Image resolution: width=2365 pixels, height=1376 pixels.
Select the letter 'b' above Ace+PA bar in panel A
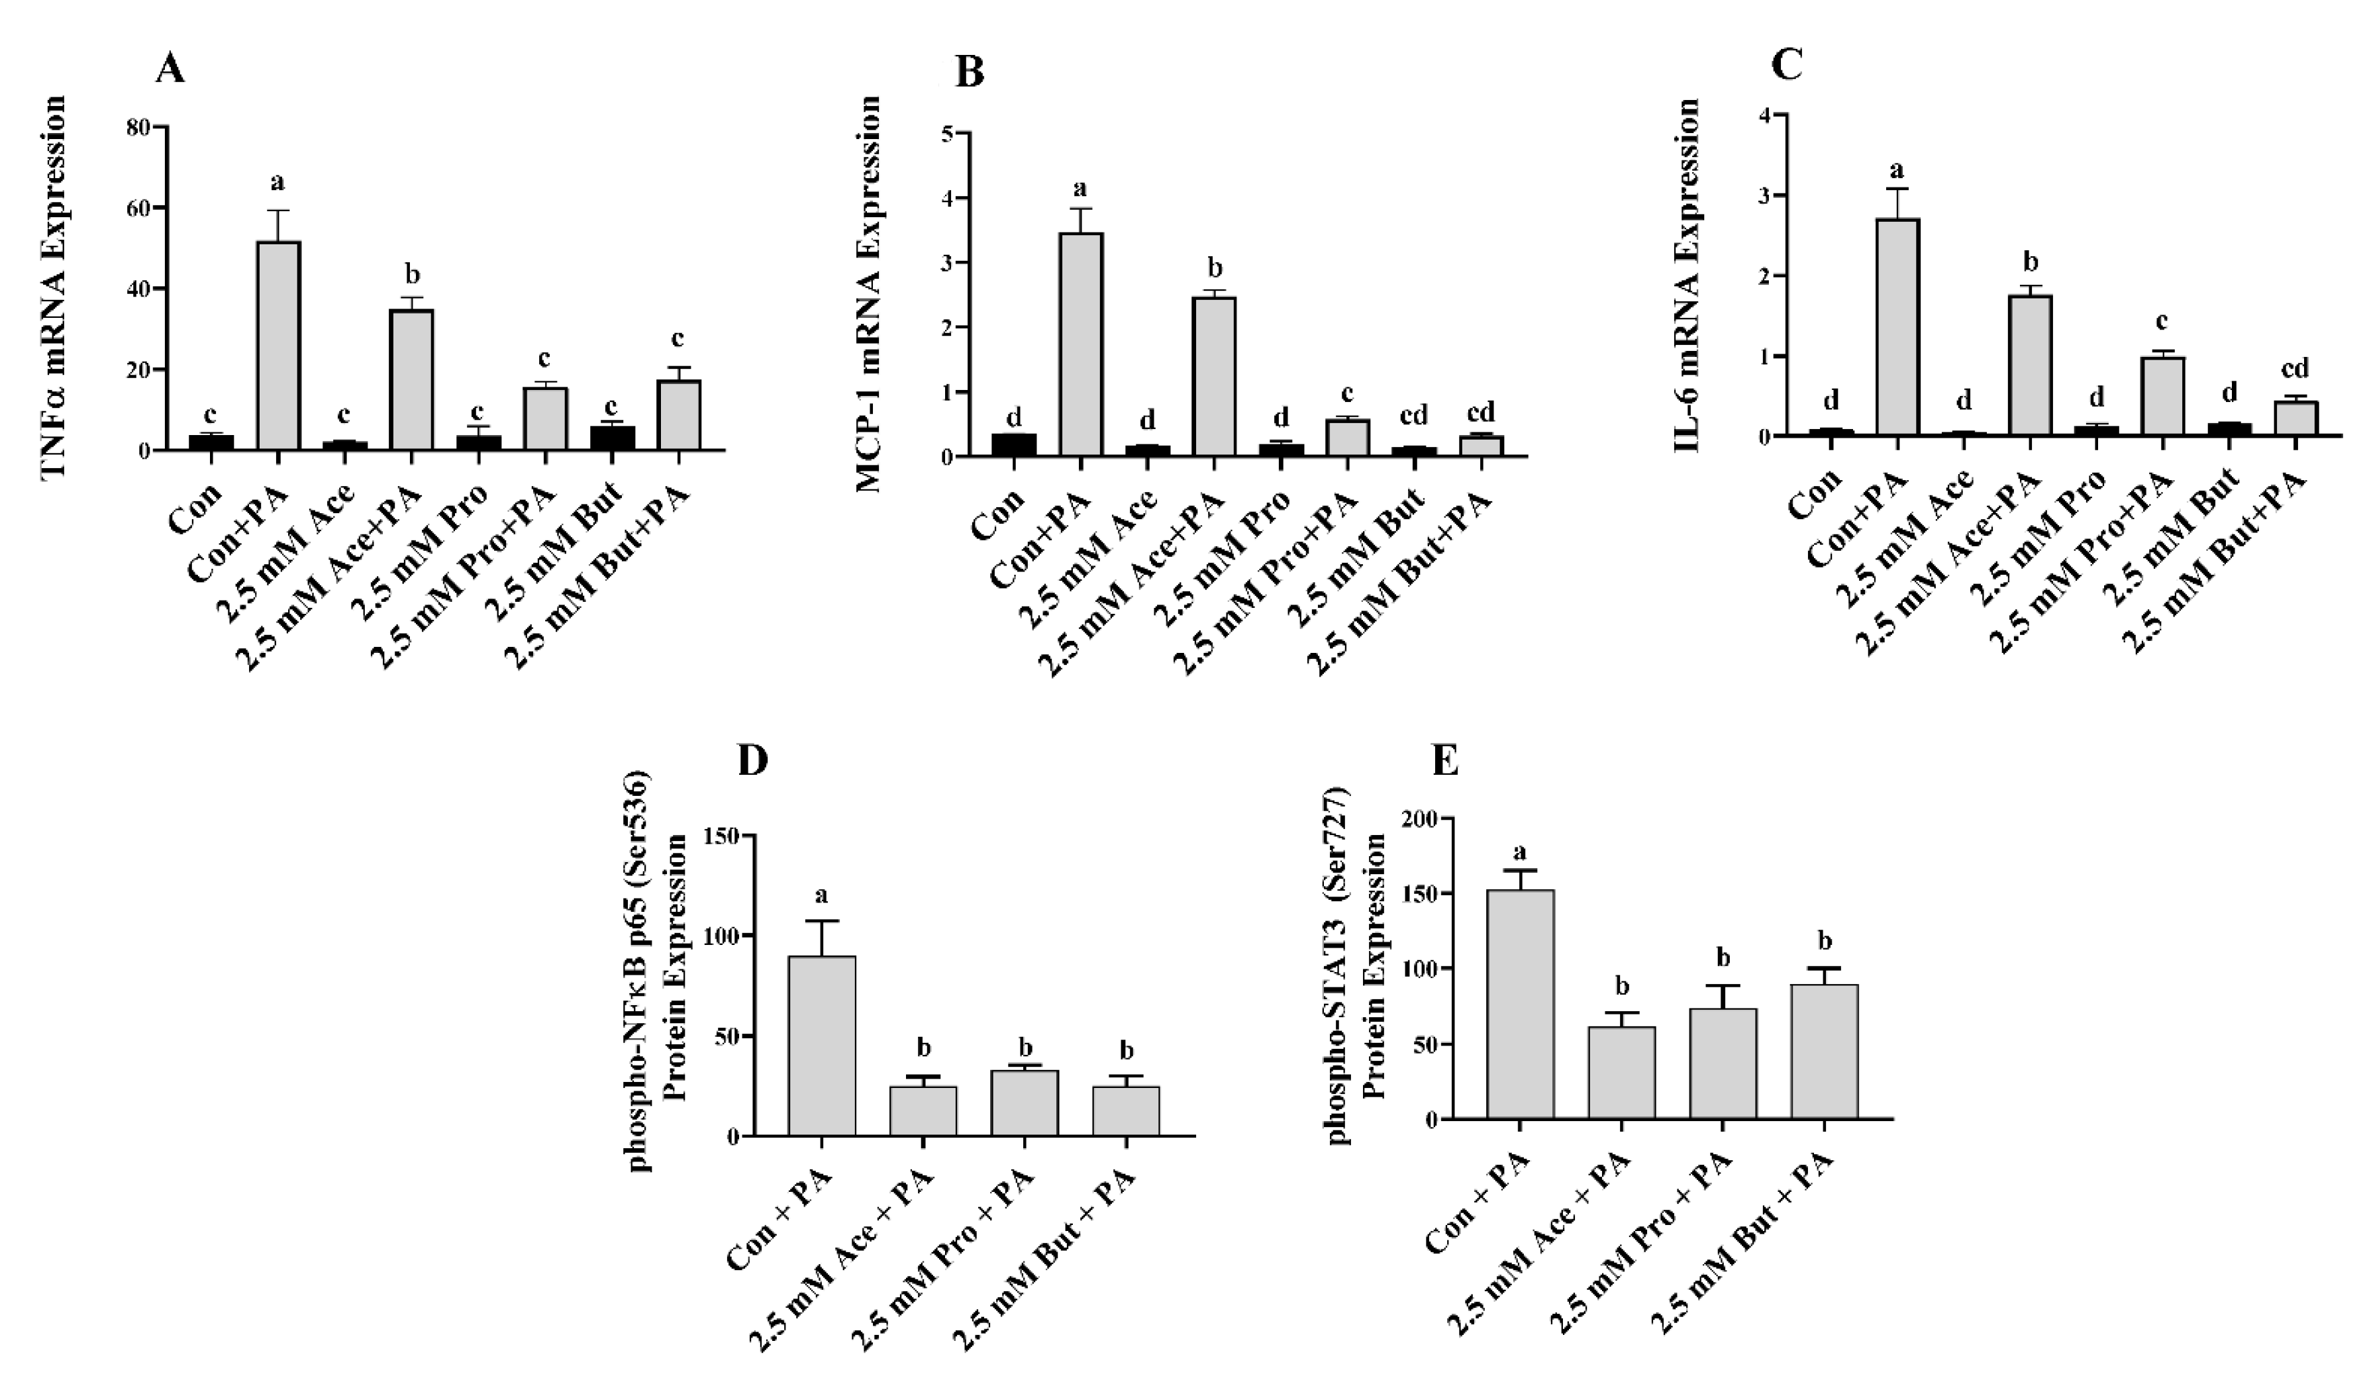coord(411,275)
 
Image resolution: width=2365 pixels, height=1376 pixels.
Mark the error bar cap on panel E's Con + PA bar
coord(1521,870)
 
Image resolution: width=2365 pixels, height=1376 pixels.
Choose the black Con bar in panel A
coord(211,442)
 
